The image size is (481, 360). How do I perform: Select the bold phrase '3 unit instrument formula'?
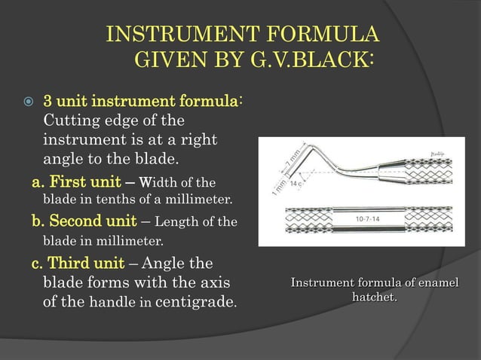[x=142, y=101]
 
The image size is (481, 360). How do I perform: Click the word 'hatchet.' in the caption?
[x=375, y=298]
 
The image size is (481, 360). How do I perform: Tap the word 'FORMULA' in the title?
[x=323, y=35]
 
